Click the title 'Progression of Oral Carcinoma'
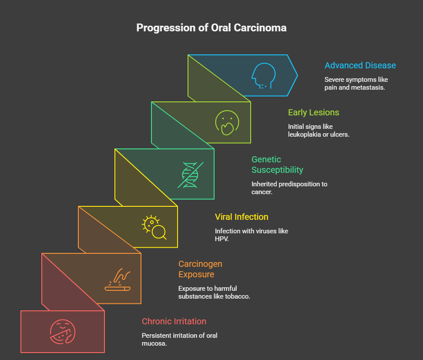(x=211, y=28)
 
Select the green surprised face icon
(x=227, y=122)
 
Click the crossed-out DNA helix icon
(x=191, y=175)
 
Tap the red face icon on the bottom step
(x=63, y=332)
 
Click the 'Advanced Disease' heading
(x=360, y=65)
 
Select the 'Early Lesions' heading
(x=313, y=112)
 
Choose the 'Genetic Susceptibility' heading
(x=277, y=165)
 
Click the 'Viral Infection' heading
(x=242, y=217)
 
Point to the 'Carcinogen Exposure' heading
(x=200, y=269)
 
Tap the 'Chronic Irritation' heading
(x=174, y=321)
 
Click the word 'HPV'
(x=221, y=239)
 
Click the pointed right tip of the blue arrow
(x=298, y=75)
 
